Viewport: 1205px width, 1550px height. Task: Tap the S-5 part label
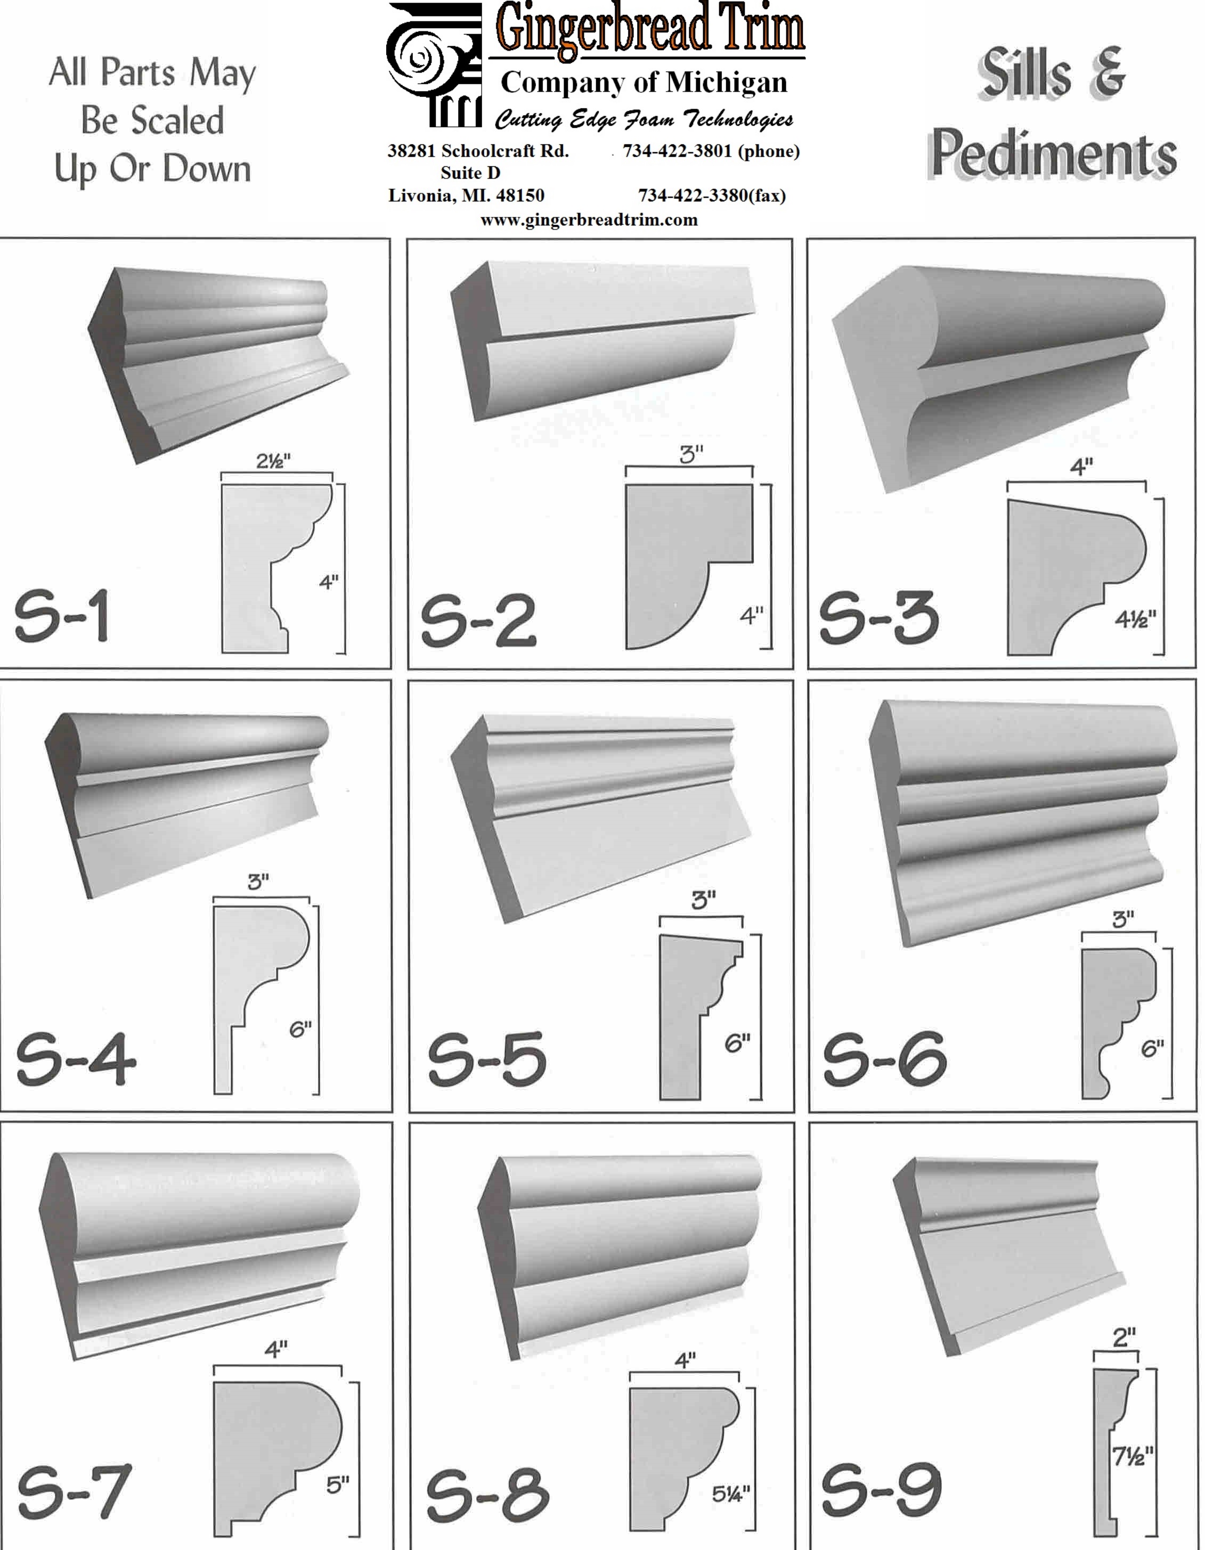click(x=487, y=1059)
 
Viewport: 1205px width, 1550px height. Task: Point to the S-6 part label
click(x=884, y=1058)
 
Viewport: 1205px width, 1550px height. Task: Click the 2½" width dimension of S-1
click(x=273, y=461)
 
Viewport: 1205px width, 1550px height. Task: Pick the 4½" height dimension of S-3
click(x=1135, y=619)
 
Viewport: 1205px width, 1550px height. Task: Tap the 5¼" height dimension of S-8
click(x=731, y=1495)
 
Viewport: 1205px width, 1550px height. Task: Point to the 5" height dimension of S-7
click(x=338, y=1484)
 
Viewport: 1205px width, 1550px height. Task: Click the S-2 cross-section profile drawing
click(x=688, y=566)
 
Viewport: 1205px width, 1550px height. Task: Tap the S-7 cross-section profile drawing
click(x=278, y=1458)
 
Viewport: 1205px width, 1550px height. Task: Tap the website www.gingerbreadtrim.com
click(x=589, y=220)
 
